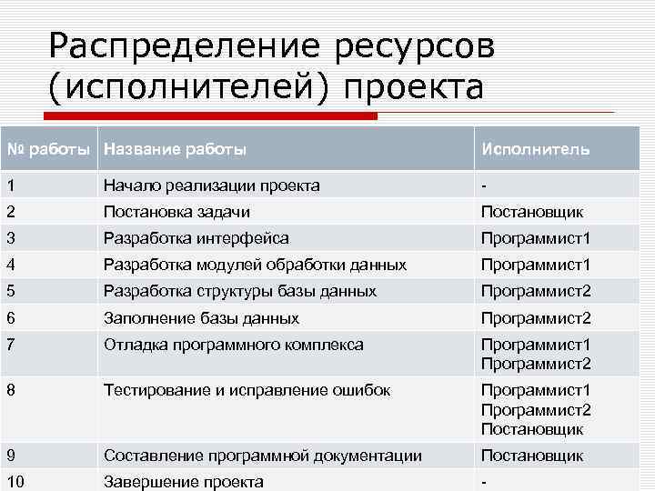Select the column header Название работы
[175, 148]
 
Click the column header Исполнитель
[535, 148]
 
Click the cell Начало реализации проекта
[211, 185]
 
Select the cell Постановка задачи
[176, 212]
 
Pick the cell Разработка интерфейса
[196, 238]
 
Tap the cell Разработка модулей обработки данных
[255, 265]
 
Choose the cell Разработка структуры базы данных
[240, 291]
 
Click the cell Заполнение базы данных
[201, 318]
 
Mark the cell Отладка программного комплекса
[234, 345]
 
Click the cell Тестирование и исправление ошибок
[247, 390]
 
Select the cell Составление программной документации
[263, 456]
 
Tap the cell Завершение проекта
[184, 482]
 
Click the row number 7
[10, 345]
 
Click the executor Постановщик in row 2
[532, 212]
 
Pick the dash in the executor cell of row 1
[484, 185]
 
